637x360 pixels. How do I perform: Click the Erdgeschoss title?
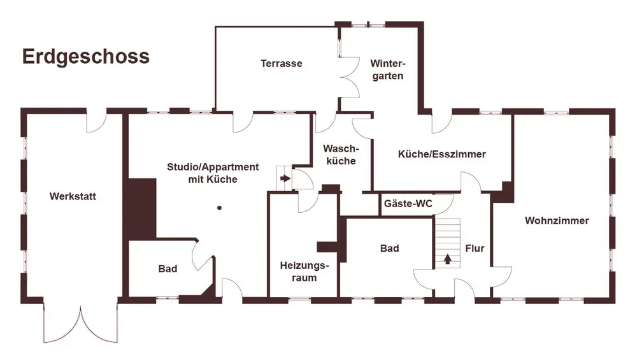[86, 56]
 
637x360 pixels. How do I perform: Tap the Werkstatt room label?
[73, 196]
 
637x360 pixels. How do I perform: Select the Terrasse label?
[281, 64]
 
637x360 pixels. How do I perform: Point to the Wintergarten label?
[387, 69]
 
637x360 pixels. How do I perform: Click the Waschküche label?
[341, 155]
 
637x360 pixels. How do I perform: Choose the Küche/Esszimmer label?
[441, 154]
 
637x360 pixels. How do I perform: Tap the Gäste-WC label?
[408, 205]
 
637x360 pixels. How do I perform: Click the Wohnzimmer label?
[557, 221]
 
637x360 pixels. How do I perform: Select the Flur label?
[475, 248]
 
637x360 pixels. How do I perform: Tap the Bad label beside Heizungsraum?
[389, 248]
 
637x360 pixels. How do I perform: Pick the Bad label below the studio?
[168, 269]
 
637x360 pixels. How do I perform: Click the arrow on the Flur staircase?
[447, 259]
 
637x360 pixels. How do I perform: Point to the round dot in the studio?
[219, 208]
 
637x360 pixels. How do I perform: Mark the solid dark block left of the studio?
[142, 208]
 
